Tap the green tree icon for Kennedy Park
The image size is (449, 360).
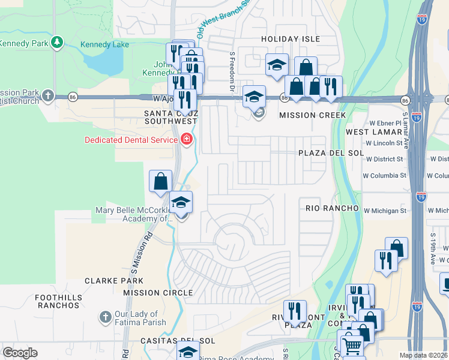pos(56,42)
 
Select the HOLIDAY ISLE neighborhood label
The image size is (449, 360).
pos(288,38)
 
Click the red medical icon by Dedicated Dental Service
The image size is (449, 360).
pos(187,140)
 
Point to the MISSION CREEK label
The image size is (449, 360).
pos(313,115)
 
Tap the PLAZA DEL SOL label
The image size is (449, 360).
pos(331,153)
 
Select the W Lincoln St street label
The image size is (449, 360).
pos(384,143)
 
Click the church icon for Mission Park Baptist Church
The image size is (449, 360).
pos(48,96)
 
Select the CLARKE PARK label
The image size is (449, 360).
pos(114,280)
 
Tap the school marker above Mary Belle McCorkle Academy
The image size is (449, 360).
pos(180,203)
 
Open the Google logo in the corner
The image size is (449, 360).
pos(20,353)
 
